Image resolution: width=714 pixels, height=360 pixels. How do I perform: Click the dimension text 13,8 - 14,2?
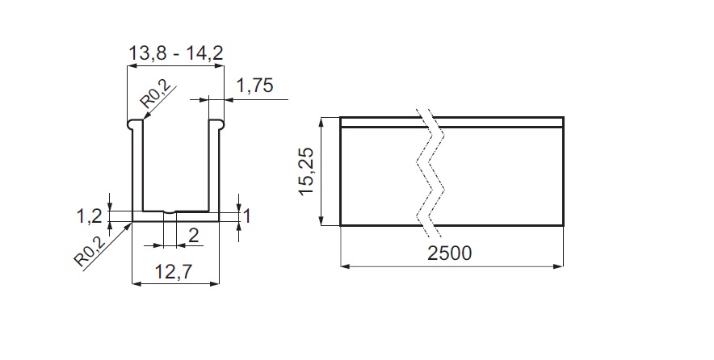(x=176, y=52)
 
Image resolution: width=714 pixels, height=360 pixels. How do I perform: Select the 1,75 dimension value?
(x=254, y=85)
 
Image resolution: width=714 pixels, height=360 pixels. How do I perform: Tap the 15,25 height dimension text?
(x=307, y=171)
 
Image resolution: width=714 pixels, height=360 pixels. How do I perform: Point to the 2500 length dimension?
(x=449, y=253)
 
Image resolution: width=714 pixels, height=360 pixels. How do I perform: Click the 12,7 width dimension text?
(x=174, y=272)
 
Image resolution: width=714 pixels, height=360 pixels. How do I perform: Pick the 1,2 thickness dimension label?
(x=89, y=216)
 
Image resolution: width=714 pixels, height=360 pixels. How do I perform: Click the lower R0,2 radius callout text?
(x=90, y=251)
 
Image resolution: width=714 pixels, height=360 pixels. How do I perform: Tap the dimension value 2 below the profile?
(x=194, y=236)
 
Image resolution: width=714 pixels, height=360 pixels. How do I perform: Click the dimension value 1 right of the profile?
(x=247, y=216)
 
